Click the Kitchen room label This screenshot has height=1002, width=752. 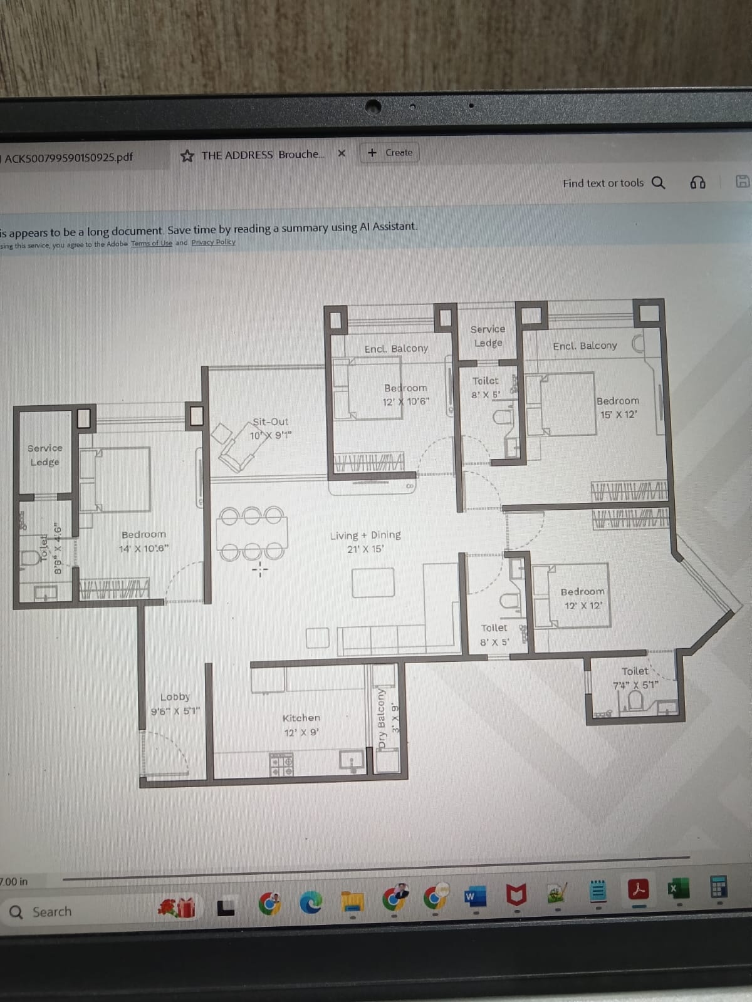pyautogui.click(x=301, y=718)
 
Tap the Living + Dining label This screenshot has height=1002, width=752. pyautogui.click(x=365, y=535)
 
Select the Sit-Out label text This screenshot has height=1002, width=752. pyautogui.click(x=271, y=422)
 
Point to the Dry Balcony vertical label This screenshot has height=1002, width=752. pyautogui.click(x=381, y=718)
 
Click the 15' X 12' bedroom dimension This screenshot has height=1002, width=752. pyautogui.click(x=618, y=415)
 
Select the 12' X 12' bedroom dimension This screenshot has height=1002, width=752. pyautogui.click(x=583, y=606)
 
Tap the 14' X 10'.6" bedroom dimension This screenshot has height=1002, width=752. pyautogui.click(x=144, y=549)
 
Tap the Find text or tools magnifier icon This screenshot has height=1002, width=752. pyautogui.click(x=658, y=182)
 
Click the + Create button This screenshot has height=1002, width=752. pyautogui.click(x=390, y=153)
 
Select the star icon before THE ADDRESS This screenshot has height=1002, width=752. pyautogui.click(x=187, y=156)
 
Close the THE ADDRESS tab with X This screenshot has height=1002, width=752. pyautogui.click(x=342, y=153)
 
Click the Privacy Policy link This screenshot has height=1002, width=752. pyautogui.click(x=213, y=242)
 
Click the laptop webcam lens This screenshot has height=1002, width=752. pyautogui.click(x=373, y=107)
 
